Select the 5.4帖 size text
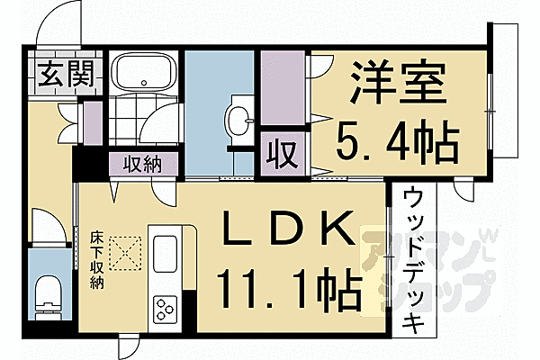(398, 140)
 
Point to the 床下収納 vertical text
(96, 260)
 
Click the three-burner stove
(166, 310)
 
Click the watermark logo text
(427, 270)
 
